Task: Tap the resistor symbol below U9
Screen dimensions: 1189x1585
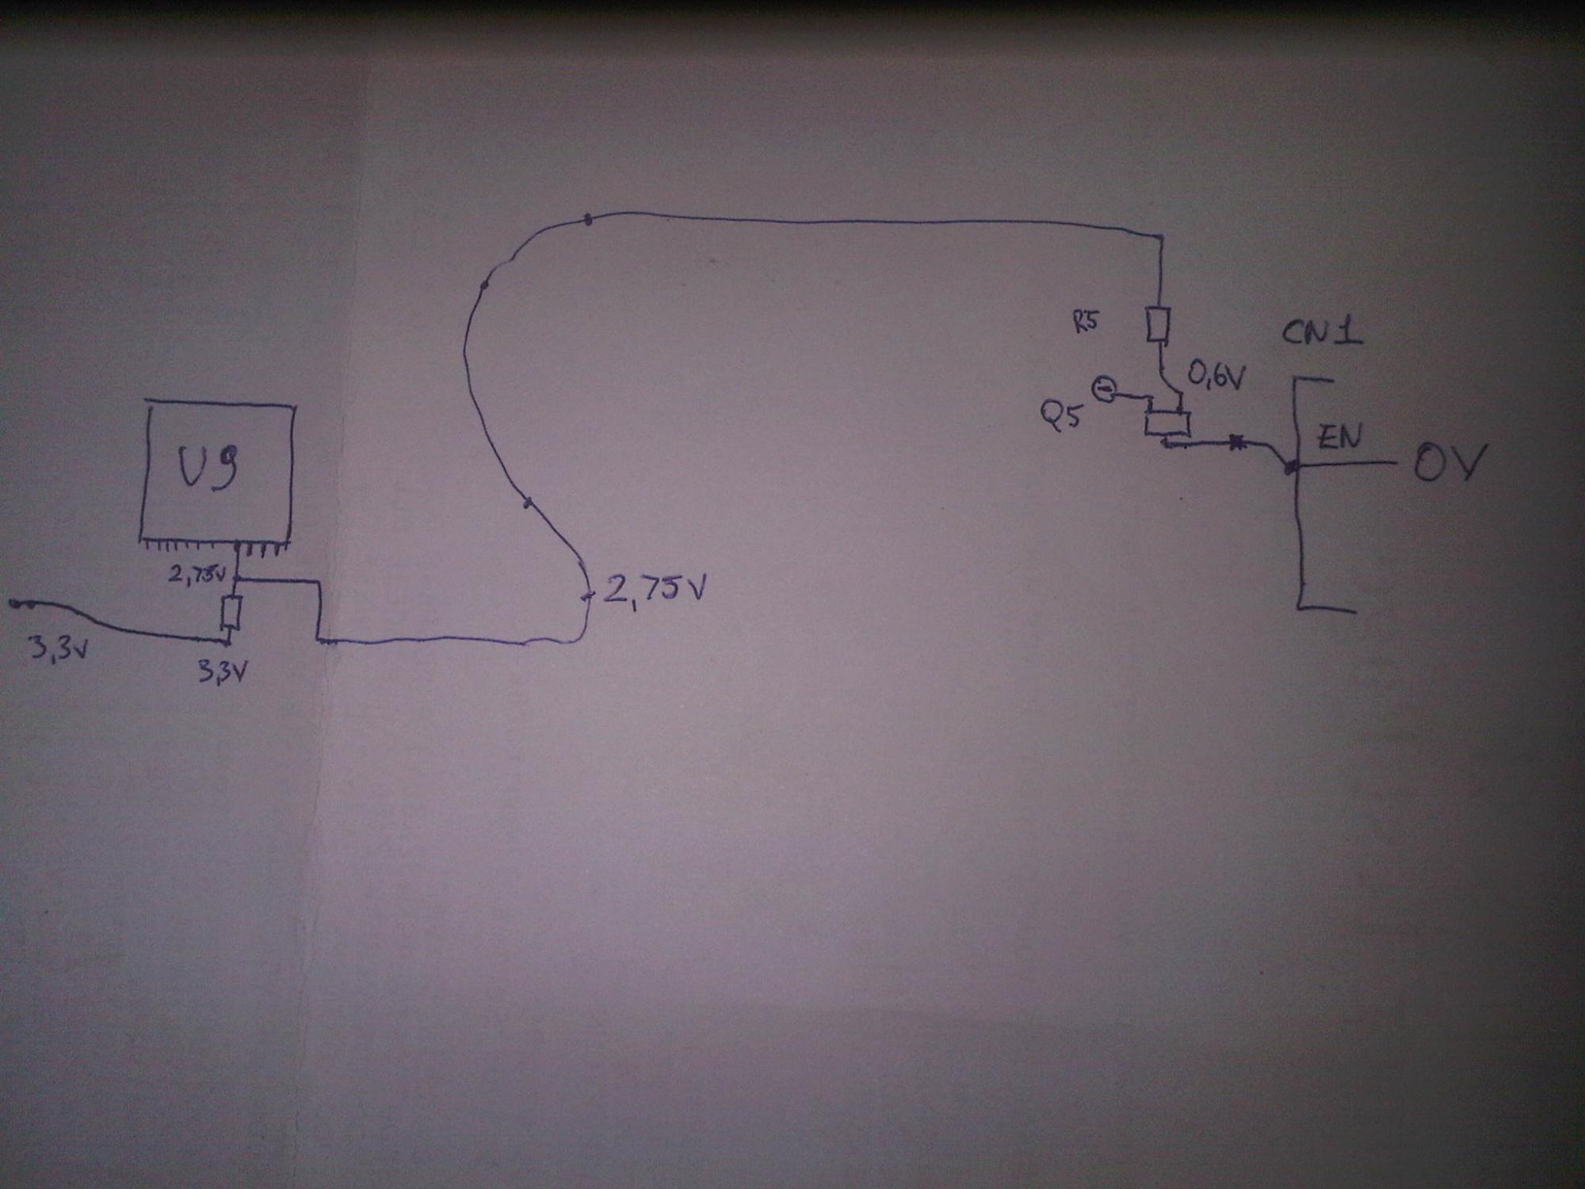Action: (231, 611)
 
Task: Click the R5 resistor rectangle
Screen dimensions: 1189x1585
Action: (1158, 325)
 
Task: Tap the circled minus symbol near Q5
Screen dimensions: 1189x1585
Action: (1103, 389)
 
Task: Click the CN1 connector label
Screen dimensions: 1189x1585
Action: (1322, 331)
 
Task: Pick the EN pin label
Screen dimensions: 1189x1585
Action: (1339, 438)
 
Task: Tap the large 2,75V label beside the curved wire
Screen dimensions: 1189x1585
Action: (654, 589)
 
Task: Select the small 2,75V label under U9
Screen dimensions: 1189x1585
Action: (198, 574)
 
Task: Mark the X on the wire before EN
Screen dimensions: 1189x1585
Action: (1235, 445)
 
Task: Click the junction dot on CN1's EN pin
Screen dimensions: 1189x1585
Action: (1291, 468)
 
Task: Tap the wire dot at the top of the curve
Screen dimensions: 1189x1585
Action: (587, 220)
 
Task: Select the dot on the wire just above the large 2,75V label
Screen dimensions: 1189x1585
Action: (526, 503)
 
